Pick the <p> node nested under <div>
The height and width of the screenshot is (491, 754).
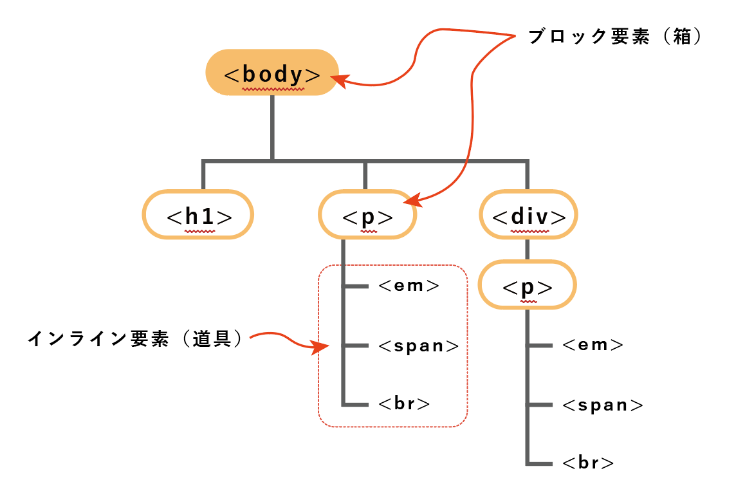[528, 285]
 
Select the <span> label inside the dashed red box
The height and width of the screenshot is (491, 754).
[419, 346]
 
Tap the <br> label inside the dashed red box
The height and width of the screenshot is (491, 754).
[404, 404]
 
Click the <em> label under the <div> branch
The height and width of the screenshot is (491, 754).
[593, 345]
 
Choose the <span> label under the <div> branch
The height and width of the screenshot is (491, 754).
[603, 405]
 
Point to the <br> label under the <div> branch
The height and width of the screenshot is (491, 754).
[587, 463]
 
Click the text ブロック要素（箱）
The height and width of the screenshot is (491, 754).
[614, 37]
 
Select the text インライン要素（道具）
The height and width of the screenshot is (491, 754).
[135, 339]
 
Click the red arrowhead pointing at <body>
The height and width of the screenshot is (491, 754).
[338, 80]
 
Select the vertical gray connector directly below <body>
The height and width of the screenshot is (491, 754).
[272, 127]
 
